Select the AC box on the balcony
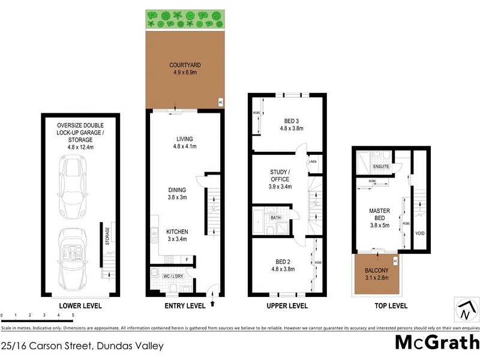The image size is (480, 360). [x=395, y=260]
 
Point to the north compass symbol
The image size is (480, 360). [x=464, y=311]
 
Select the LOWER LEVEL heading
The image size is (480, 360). [x=80, y=306]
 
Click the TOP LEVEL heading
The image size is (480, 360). [x=388, y=306]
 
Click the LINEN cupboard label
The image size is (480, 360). [x=313, y=162]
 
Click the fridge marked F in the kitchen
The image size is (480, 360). [x=187, y=260]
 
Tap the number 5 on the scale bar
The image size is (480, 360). [x=73, y=314]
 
